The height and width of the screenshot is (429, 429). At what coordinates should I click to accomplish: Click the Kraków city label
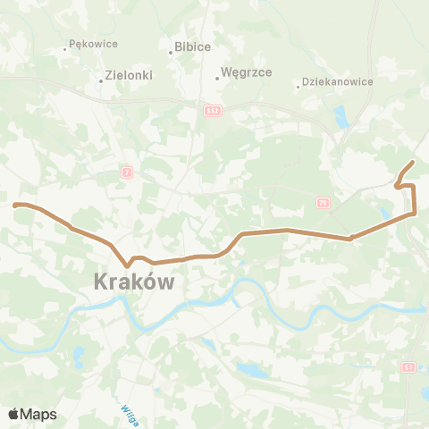click(x=133, y=282)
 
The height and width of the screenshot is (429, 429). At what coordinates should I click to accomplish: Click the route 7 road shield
click(x=127, y=170)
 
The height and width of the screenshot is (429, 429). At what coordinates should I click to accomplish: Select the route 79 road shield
click(x=322, y=204)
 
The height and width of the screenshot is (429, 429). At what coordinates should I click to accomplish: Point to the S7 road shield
click(x=408, y=366)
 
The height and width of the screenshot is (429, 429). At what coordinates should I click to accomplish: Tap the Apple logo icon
click(x=14, y=414)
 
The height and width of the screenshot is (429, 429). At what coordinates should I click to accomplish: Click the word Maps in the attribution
click(x=39, y=414)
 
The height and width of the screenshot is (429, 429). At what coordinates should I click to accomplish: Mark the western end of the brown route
click(x=14, y=205)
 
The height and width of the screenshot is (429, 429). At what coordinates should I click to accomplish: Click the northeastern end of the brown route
click(x=412, y=162)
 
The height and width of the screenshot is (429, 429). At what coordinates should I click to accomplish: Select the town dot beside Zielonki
click(x=101, y=82)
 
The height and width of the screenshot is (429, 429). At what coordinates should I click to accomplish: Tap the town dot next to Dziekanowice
click(x=298, y=87)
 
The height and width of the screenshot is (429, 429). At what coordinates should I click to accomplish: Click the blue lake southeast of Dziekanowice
click(x=341, y=116)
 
